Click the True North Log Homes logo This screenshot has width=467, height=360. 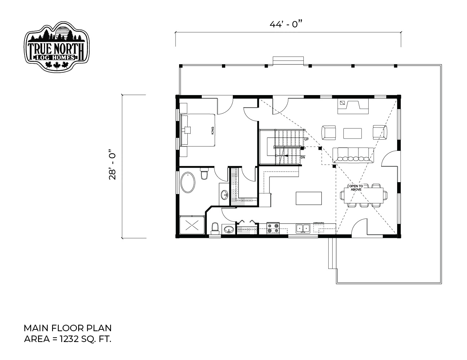coord(57,46)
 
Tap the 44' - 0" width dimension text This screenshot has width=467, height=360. coord(287,24)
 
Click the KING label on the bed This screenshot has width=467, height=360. coord(213,131)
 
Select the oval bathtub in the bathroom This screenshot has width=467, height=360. coord(188,182)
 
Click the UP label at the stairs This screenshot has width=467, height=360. coord(306,139)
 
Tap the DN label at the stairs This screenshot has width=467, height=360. coord(303,158)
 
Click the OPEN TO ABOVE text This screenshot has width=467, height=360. coord(356,188)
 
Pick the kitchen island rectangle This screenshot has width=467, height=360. coord(308,198)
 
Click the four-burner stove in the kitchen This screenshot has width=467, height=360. coord(273,228)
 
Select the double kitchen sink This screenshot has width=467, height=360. coord(303,228)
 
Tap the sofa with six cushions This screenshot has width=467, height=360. coord(353,155)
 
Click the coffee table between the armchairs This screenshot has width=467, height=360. coord(352,133)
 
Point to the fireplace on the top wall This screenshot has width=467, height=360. coord(353,106)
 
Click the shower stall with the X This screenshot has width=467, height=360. coord(192,225)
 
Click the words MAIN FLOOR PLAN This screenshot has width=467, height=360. coord(67,328)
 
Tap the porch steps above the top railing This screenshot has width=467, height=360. coord(288,61)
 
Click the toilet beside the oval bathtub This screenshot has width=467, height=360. coord(204,174)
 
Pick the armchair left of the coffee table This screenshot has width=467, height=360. coord(329,133)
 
